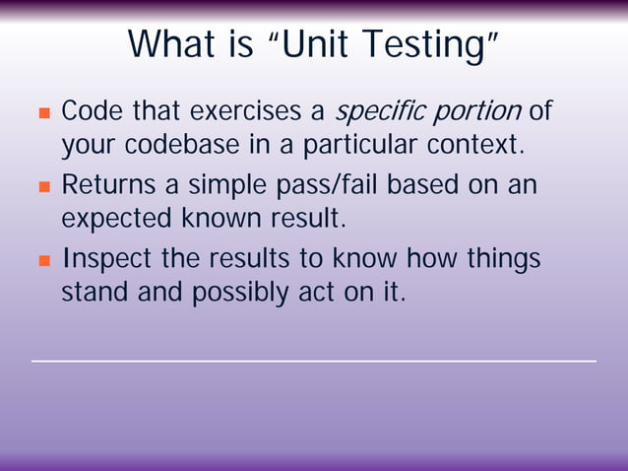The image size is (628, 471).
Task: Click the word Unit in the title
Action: [320, 43]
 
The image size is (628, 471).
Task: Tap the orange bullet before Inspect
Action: [43, 261]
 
